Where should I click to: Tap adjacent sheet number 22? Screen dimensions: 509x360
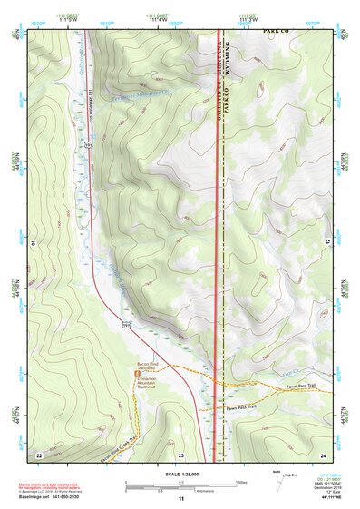tap(39, 453)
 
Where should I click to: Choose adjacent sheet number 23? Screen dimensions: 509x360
tap(180, 453)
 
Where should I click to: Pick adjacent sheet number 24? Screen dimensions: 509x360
tap(322, 453)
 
